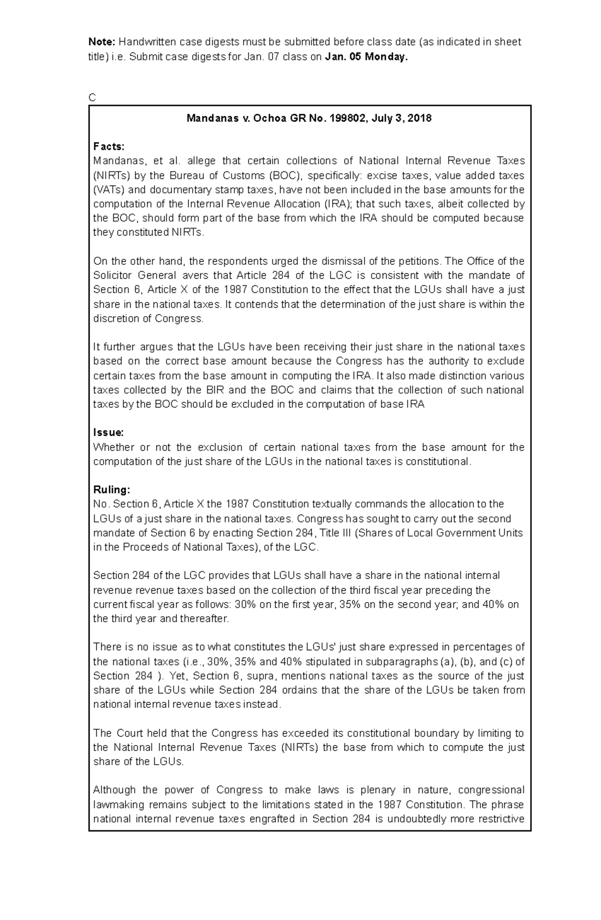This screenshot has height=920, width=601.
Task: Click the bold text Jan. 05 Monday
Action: [367, 57]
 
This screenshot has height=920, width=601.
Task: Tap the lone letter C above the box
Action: [92, 98]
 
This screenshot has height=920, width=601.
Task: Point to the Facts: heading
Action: [109, 147]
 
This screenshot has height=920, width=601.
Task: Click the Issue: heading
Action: [108, 433]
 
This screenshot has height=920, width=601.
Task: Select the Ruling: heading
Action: [111, 490]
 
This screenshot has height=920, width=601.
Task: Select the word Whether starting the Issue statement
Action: [114, 447]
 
